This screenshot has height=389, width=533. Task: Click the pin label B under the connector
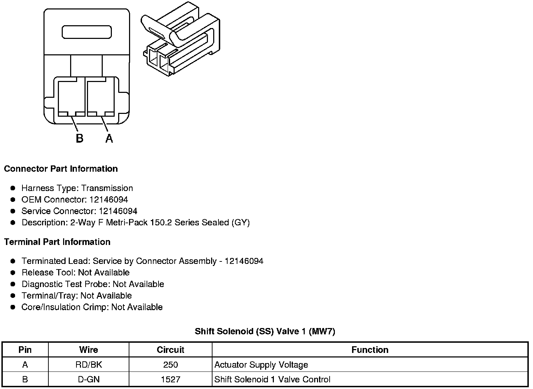coord(80,138)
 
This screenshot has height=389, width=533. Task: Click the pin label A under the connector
coord(109,138)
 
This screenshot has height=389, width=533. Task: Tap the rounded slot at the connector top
coord(87,32)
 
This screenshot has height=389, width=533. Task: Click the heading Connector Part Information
coord(61,169)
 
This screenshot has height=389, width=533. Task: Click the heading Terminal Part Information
coord(57,242)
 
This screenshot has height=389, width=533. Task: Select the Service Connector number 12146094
coord(118,211)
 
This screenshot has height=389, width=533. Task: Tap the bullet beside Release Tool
coord(13,272)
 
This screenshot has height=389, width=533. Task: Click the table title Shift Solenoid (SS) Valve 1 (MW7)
coord(265,331)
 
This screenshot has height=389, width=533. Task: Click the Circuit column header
coord(170,350)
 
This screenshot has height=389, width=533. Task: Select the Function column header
coord(370,350)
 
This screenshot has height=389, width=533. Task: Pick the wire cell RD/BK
coord(88,365)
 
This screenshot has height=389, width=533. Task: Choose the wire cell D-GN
coord(88,379)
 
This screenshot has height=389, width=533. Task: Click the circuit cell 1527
coord(170,379)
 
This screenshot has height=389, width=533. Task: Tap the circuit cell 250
coord(170,365)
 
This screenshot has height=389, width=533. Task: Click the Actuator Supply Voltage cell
coord(261,365)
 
